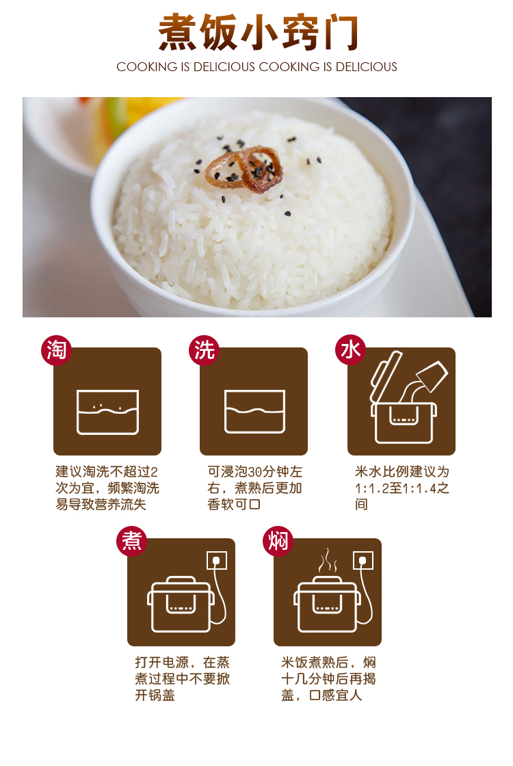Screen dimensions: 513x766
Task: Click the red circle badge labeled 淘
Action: (56, 349)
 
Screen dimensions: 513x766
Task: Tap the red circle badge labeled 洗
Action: (204, 349)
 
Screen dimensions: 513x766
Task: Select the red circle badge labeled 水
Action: (350, 349)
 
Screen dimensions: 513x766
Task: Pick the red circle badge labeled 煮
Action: (131, 541)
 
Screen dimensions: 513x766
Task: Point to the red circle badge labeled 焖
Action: (278, 541)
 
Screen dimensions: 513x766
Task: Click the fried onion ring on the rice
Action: (244, 170)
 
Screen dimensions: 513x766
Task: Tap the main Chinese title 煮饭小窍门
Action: (258, 32)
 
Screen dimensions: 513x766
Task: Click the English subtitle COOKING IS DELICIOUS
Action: (256, 67)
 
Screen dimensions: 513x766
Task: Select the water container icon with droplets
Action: (107, 412)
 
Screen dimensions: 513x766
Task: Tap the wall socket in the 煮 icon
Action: (216, 560)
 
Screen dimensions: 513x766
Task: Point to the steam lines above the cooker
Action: (328, 561)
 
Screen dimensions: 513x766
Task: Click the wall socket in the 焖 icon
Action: (363, 560)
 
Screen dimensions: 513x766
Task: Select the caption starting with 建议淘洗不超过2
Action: (107, 488)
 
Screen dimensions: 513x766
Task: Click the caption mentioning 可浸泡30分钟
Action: (254, 488)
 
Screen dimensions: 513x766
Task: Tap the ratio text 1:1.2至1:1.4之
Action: (402, 488)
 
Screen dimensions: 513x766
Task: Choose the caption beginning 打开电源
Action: (182, 678)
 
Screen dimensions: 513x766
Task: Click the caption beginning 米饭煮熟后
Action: (328, 678)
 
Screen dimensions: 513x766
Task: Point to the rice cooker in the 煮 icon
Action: (181, 605)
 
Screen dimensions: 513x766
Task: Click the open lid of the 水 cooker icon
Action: (386, 375)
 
